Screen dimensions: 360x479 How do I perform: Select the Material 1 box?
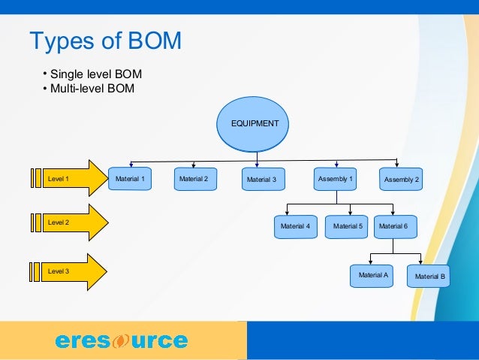131,179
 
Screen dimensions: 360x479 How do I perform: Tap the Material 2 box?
194,179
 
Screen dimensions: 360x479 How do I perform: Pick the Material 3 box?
262,180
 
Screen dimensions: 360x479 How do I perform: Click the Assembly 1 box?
336,179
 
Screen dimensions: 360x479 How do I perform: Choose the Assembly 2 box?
401,180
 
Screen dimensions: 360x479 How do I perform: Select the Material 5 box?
348,226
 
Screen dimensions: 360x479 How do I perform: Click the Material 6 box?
393,226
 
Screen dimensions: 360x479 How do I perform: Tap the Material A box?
373,276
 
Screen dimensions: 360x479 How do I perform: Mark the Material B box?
429,277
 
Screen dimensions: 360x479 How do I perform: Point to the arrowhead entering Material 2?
194,165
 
